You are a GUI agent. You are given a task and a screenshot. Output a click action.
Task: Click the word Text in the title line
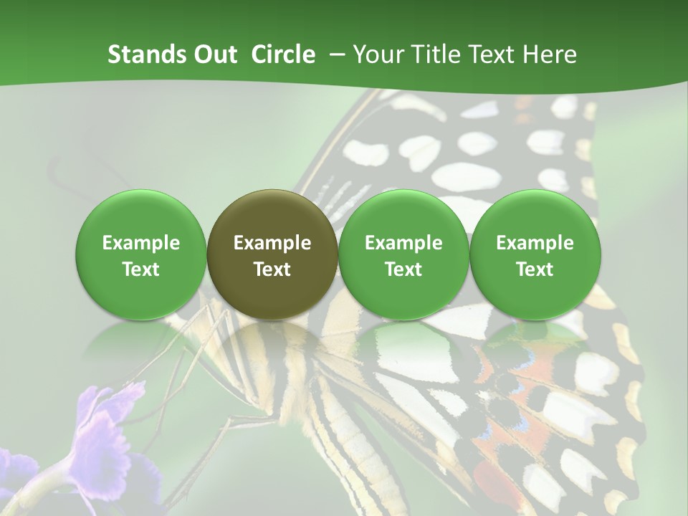(x=495, y=54)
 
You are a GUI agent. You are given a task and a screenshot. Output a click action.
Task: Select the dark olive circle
(x=272, y=254)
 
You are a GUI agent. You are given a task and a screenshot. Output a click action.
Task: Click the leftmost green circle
(x=141, y=254)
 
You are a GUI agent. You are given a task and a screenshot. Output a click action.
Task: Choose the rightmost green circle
(x=535, y=254)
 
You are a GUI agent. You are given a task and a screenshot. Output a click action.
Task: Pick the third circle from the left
(x=403, y=254)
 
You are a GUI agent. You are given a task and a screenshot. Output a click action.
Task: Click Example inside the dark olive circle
(x=272, y=243)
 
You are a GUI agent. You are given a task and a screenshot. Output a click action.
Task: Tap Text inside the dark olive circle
(x=272, y=269)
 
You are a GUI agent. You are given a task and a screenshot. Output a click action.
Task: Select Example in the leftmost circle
(x=141, y=243)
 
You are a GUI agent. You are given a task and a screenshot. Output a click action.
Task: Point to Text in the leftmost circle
(x=141, y=269)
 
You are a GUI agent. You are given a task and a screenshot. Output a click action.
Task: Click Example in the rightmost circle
(x=535, y=243)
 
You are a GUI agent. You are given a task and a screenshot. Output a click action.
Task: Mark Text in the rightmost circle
(x=535, y=269)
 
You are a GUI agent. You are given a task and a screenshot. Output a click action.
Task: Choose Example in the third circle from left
(x=403, y=243)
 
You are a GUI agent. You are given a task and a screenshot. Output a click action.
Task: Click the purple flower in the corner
(x=107, y=430)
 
